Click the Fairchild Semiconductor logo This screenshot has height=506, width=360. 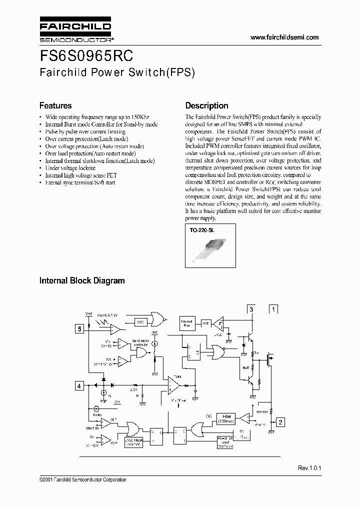click(x=75, y=30)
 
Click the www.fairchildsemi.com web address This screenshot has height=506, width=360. click(x=284, y=37)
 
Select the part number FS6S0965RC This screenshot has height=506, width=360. click(x=86, y=54)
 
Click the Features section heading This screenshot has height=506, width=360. click(x=55, y=106)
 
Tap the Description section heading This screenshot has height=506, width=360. click(x=206, y=106)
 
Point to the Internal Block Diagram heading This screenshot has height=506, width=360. click(x=82, y=281)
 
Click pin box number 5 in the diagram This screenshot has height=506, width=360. click(x=79, y=328)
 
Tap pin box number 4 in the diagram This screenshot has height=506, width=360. click(x=79, y=385)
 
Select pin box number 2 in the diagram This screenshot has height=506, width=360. click(x=280, y=422)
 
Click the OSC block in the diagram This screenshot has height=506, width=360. click(x=141, y=322)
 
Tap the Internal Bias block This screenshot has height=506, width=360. click(x=186, y=324)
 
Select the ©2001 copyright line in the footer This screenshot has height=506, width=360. click(x=82, y=480)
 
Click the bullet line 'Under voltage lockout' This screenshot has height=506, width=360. click(x=70, y=168)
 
